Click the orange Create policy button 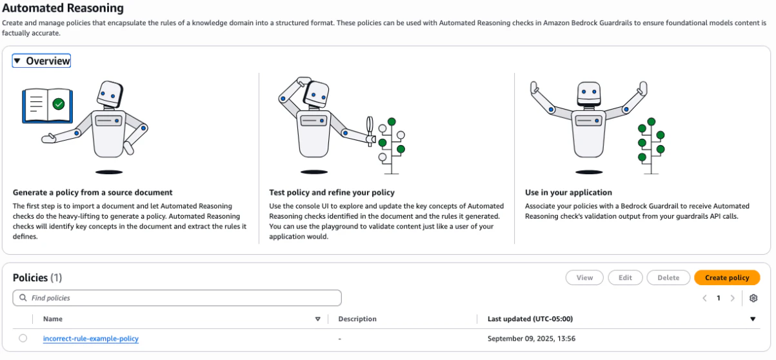point(727,277)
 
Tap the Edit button point(625,277)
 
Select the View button point(584,277)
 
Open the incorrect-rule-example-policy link point(91,339)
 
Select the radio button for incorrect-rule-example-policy point(23,338)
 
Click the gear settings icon point(753,298)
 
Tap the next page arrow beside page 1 point(732,298)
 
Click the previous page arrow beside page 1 point(704,298)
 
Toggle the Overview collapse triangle point(17,61)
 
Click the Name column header point(53,319)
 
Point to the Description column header point(357,319)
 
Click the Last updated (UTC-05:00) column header point(530,319)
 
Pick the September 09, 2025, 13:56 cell point(532,339)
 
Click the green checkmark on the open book point(59,104)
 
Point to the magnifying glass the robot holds point(370,130)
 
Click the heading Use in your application point(568,192)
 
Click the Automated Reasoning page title point(63,8)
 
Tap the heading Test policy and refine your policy point(332,192)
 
